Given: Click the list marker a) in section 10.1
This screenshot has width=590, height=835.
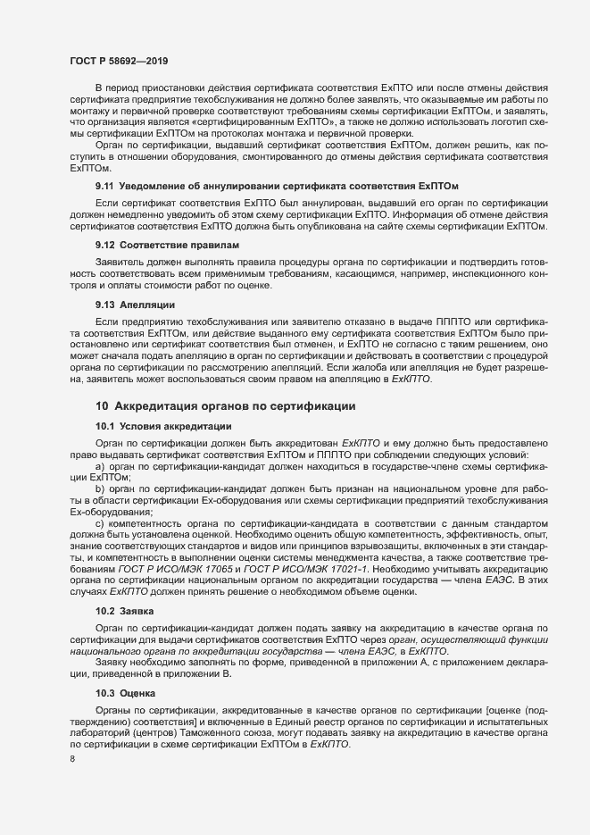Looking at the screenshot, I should pyautogui.click(x=100, y=467).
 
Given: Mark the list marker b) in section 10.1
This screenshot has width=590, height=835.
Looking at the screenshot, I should pyautogui.click(x=100, y=488).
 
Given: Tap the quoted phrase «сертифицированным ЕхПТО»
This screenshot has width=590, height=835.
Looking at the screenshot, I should pyautogui.click(x=260, y=120).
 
